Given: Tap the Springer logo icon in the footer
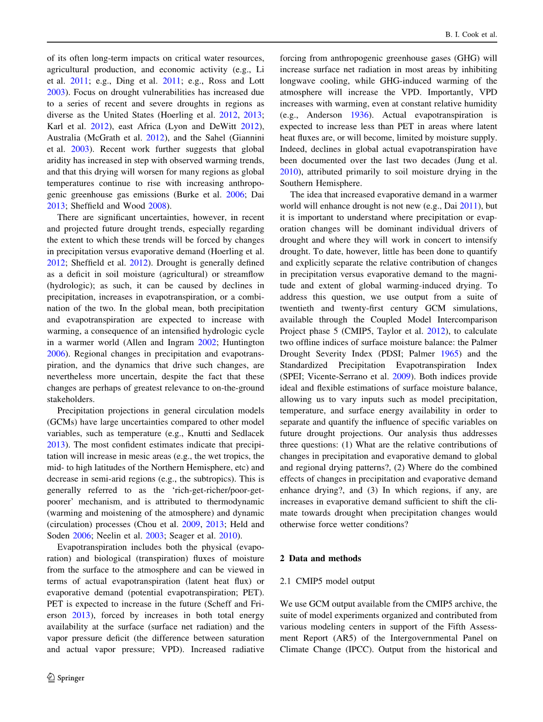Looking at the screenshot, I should coord(51,677).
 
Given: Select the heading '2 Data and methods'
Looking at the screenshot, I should coord(321,558).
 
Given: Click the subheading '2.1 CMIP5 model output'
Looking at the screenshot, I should coord(327,581).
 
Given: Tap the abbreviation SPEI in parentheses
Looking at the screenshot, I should coord(293,376).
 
